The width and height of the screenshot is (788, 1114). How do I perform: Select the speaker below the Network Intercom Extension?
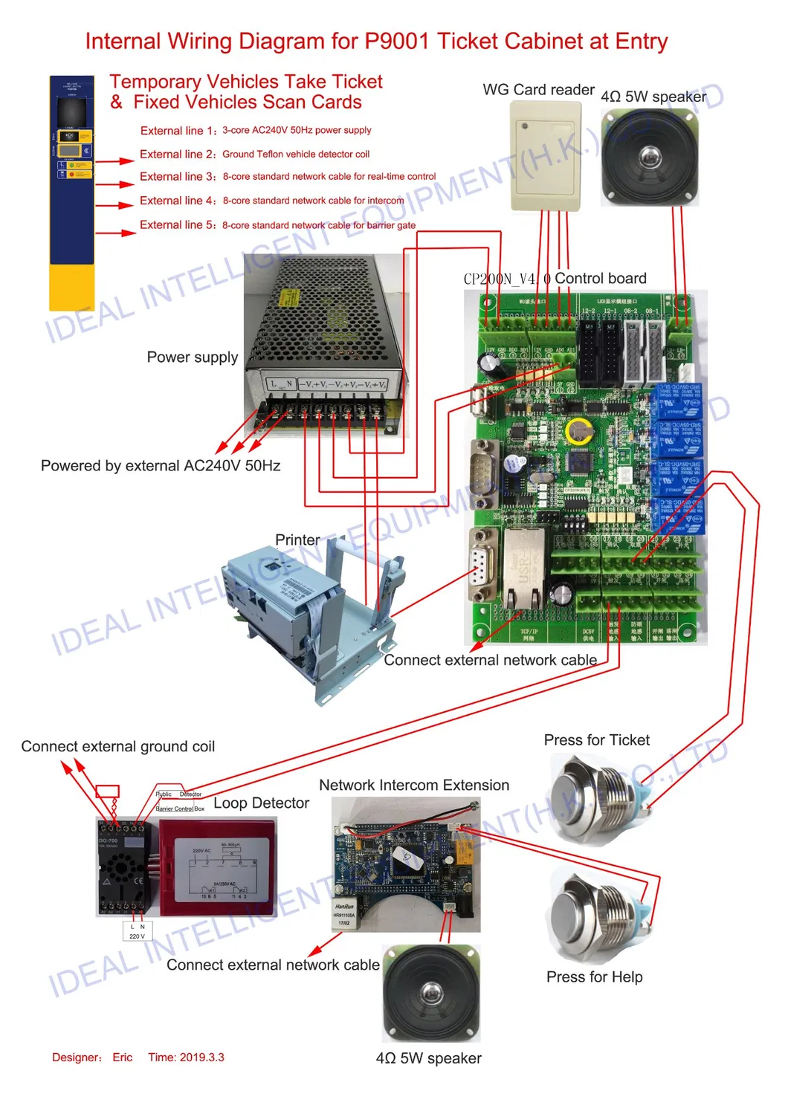(x=431, y=992)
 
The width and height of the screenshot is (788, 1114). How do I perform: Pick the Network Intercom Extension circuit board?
(x=405, y=862)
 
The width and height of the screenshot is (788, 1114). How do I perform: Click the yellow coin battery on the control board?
(x=578, y=431)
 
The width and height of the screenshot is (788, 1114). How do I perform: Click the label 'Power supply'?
(x=193, y=357)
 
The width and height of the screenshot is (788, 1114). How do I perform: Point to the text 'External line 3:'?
(x=178, y=177)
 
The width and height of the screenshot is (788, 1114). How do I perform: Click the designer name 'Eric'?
(x=123, y=1058)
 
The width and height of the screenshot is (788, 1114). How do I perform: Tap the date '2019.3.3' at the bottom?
(x=200, y=1058)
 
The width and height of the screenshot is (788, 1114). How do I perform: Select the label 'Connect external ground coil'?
(x=117, y=747)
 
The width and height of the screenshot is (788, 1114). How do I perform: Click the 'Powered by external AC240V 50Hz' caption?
(x=161, y=466)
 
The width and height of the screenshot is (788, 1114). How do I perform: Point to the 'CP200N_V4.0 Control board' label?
(x=555, y=279)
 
